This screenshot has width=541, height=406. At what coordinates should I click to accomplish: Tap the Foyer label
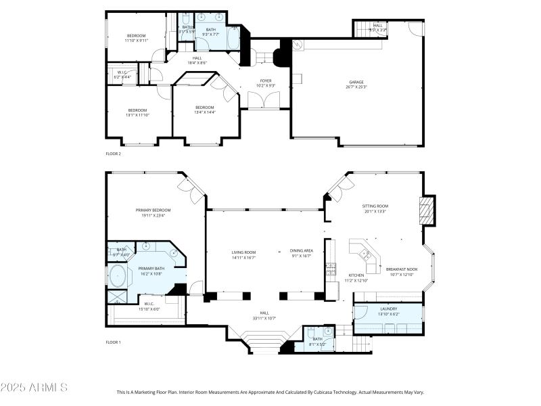tap(266, 83)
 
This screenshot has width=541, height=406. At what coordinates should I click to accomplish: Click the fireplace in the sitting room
tap(426, 210)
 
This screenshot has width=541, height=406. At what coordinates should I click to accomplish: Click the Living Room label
tap(243, 254)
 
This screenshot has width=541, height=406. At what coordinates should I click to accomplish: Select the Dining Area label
tap(302, 253)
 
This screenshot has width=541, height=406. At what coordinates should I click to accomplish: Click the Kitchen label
tap(356, 277)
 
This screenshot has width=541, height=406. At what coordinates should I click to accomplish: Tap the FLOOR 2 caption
tap(113, 154)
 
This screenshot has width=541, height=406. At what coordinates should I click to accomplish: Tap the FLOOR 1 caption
tap(113, 342)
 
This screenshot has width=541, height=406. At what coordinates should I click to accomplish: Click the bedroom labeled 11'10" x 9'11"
tap(136, 38)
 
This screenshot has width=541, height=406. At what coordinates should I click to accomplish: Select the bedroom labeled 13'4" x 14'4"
tap(205, 110)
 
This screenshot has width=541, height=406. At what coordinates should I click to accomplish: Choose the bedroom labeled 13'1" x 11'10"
tap(137, 112)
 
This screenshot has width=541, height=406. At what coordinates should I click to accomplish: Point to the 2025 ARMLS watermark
tap(34, 388)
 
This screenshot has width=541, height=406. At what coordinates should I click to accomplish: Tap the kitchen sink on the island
tap(365, 254)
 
